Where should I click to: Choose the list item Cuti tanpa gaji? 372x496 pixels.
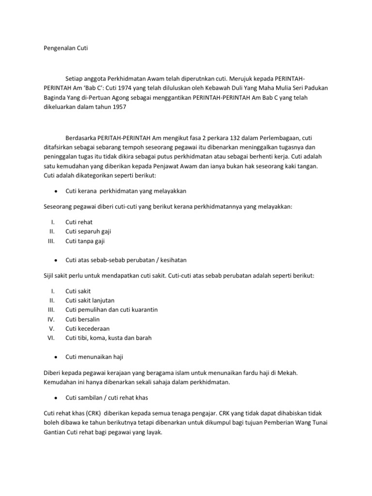point(85,241)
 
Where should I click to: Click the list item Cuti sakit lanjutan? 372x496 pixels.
point(90,300)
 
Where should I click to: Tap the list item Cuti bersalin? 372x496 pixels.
point(83,319)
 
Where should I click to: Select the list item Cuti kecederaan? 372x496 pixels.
point(87,328)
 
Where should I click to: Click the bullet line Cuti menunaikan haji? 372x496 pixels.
point(94,357)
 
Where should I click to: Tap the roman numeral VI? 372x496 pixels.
point(50,338)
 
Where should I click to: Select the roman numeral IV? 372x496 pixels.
point(51,319)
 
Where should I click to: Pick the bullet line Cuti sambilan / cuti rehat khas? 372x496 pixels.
point(107,398)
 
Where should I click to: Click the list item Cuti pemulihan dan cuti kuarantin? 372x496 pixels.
point(111,310)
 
